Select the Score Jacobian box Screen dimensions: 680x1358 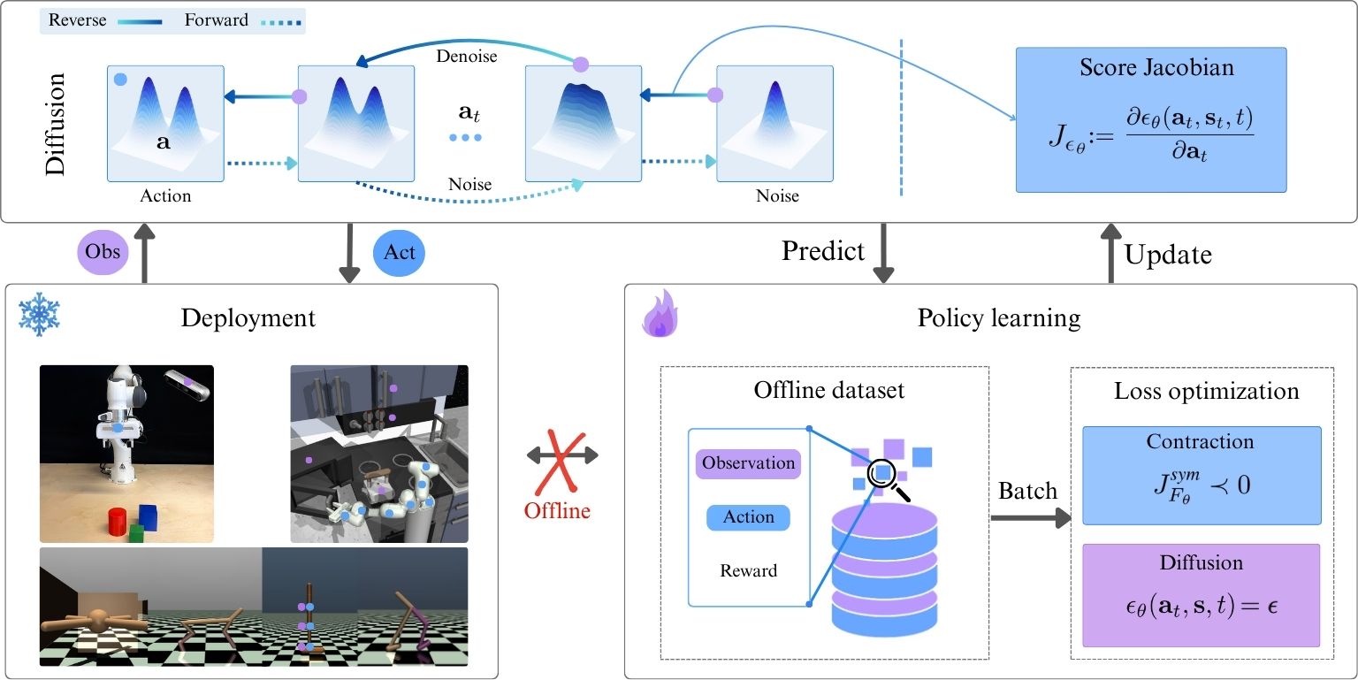[x=1150, y=119]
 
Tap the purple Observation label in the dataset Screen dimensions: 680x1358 [x=749, y=463]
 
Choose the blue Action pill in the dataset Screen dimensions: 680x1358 [x=748, y=517]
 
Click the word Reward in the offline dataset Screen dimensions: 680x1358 [x=748, y=570]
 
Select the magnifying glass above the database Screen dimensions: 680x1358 [x=884, y=475]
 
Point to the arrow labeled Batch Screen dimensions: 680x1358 [x=1028, y=517]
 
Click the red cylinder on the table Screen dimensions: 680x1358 [x=117, y=523]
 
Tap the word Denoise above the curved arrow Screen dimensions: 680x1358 [x=468, y=57]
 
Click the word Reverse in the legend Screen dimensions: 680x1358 [x=77, y=20]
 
